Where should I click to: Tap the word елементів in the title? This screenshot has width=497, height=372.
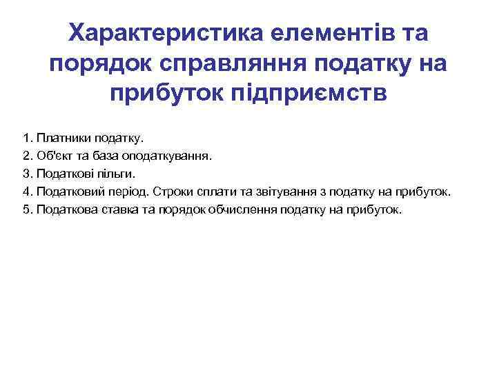pyautogui.click(x=335, y=32)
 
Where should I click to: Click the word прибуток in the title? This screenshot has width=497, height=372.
pyautogui.click(x=164, y=94)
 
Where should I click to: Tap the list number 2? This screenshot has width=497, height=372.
pyautogui.click(x=26, y=156)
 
